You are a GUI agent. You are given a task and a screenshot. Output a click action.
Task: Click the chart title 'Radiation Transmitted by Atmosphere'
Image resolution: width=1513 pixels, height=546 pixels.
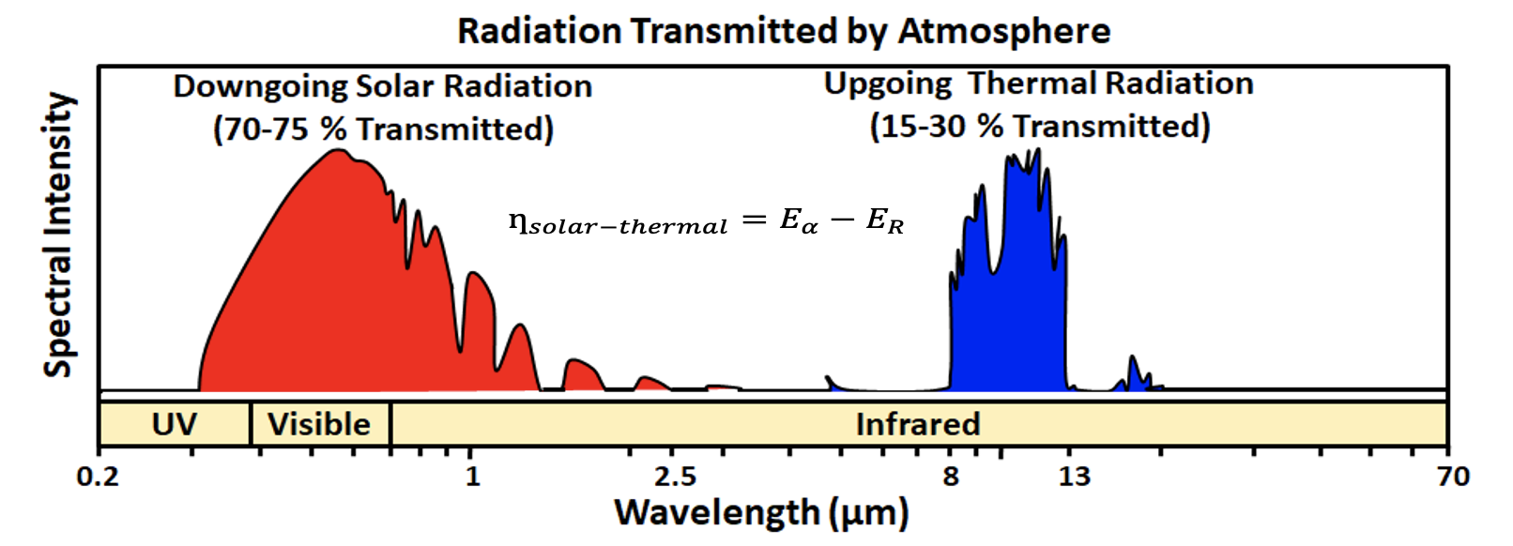point(784,31)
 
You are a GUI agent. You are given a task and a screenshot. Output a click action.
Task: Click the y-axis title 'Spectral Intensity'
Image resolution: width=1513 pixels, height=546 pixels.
point(58,235)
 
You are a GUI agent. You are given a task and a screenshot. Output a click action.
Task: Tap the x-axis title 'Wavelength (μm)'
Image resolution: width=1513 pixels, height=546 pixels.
point(761,513)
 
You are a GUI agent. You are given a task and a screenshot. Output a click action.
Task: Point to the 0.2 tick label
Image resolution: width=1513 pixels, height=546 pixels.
point(98,477)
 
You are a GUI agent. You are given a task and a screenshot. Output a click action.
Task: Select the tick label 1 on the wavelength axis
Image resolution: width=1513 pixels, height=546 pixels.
point(472,477)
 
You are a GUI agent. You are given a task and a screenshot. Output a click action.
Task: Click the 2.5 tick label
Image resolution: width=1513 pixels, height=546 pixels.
point(676,477)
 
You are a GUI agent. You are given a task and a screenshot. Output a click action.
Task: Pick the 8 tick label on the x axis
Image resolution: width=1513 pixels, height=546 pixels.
point(951,477)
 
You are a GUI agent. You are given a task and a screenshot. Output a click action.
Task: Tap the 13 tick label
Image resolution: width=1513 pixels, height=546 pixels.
point(1075,477)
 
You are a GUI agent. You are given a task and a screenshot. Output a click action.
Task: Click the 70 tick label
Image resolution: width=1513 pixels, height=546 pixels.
point(1453,477)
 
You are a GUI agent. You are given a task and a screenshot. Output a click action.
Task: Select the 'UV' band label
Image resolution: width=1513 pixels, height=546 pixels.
point(175,424)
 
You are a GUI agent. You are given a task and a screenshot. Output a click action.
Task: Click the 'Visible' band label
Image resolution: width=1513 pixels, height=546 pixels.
point(319,424)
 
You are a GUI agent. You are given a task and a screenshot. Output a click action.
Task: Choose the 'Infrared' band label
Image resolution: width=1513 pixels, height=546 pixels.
point(918,424)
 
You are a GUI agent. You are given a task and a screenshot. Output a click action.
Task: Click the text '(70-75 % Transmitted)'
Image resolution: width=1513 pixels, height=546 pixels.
point(383,129)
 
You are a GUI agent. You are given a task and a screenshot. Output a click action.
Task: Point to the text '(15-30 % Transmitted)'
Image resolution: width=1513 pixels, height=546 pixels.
point(1040,126)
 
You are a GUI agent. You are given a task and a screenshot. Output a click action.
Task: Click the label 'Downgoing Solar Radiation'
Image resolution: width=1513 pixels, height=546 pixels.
point(383,86)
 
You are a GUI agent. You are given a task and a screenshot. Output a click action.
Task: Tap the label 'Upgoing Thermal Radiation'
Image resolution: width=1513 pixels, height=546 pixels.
point(1038,83)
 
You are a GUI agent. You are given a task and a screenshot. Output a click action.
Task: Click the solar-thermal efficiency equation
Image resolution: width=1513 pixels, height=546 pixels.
point(706,221)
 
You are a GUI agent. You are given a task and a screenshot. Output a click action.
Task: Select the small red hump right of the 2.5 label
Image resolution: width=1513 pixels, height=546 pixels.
point(723,387)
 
